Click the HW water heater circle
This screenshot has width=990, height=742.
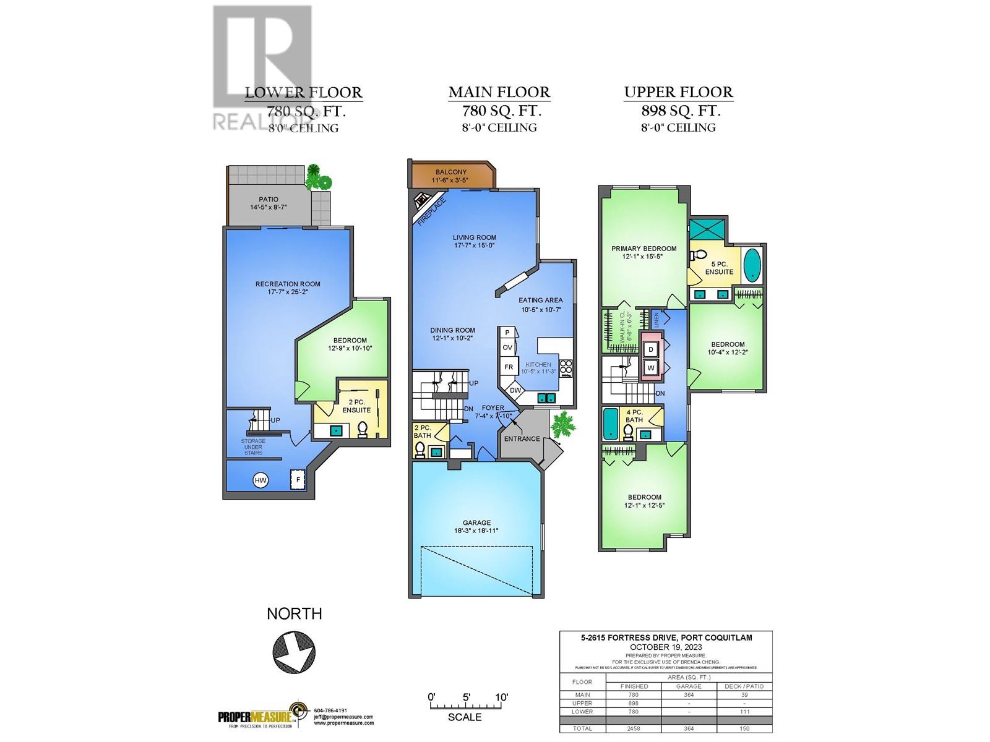(260, 480)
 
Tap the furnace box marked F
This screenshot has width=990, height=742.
(298, 479)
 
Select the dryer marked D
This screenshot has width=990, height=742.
(650, 349)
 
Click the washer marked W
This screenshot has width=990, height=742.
(650, 368)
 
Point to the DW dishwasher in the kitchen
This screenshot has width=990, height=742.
(515, 391)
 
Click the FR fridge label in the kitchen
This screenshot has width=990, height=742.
(509, 367)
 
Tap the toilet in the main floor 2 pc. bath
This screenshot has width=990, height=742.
(421, 450)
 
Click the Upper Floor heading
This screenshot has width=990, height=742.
(678, 93)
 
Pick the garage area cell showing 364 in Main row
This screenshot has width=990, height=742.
(689, 694)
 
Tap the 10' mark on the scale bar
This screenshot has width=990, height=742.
(501, 697)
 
